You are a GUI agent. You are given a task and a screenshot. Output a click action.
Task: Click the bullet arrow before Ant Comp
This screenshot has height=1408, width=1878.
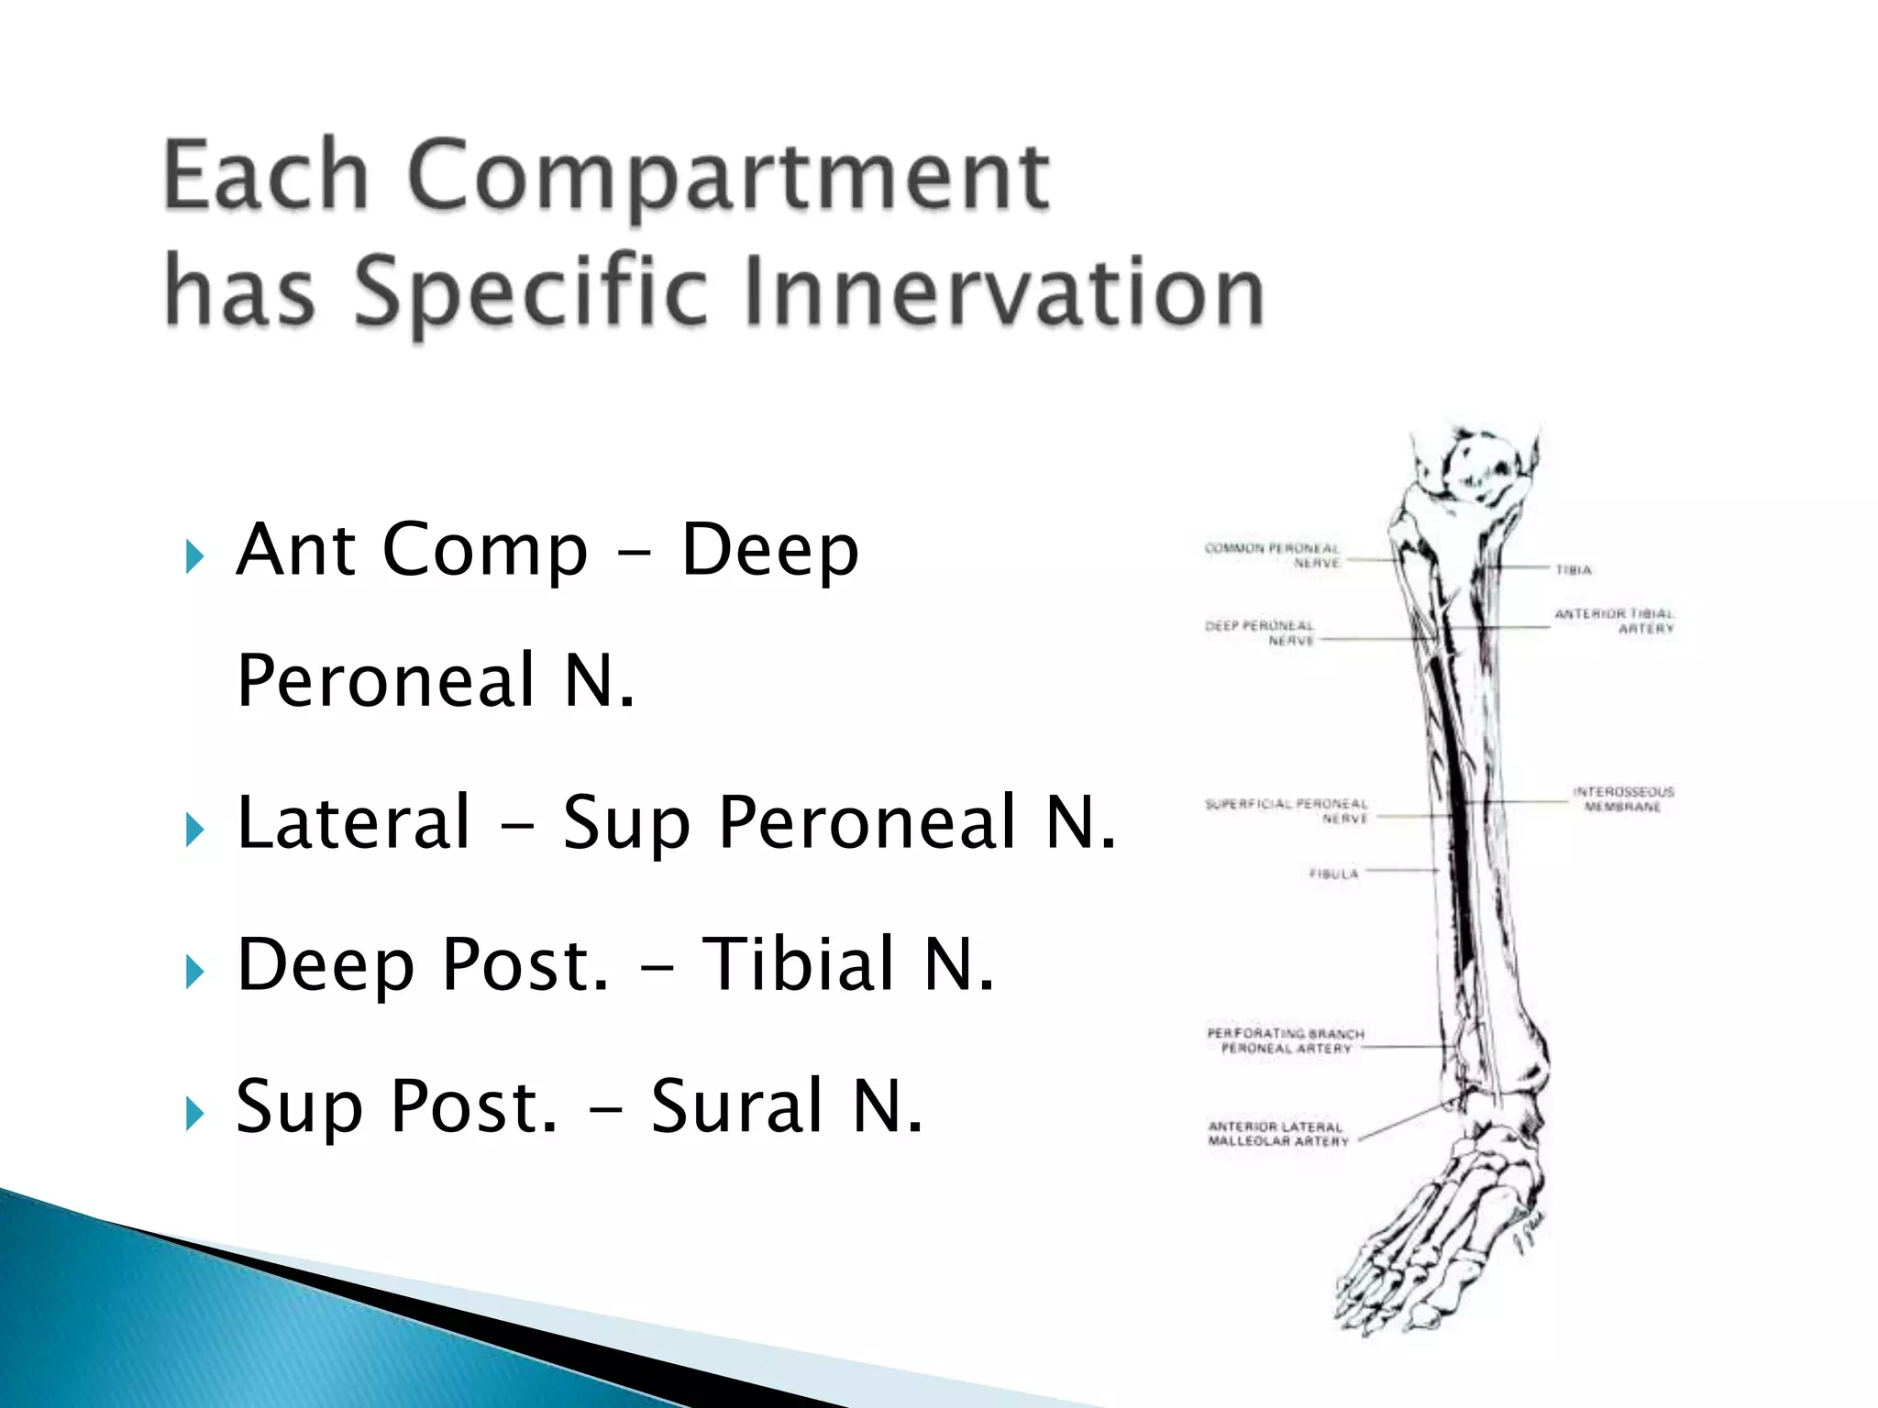[193, 556]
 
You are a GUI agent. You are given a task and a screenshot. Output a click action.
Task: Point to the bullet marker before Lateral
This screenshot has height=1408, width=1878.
[193, 830]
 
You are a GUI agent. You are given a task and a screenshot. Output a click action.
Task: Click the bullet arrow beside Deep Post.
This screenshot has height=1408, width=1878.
[193, 972]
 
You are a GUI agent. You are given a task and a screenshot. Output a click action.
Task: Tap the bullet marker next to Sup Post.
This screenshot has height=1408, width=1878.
[193, 1114]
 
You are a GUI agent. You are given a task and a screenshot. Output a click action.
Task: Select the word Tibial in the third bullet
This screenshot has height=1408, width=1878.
[798, 964]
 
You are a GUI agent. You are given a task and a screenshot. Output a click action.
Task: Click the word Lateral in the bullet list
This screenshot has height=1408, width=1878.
[353, 822]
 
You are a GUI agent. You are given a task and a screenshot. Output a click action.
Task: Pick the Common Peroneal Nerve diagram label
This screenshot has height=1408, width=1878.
[1272, 555]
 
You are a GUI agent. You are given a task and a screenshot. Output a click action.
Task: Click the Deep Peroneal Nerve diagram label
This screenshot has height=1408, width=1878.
[1260, 632]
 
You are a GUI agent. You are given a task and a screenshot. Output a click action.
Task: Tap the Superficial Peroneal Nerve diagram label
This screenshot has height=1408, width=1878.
[1287, 811]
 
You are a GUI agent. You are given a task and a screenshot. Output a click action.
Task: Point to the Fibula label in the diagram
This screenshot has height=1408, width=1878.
[1333, 874]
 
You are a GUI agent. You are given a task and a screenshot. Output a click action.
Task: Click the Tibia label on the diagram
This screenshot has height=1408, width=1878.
[1574, 570]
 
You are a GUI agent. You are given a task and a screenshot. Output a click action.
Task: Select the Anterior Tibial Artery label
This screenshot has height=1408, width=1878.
[1614, 621]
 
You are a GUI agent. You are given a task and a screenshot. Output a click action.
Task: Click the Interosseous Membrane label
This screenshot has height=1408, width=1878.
[1623, 798]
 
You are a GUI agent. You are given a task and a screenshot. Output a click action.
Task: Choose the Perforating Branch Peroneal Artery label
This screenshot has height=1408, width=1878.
[1286, 1040]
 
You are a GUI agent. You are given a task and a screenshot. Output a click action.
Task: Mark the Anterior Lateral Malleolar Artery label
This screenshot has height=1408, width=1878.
[1277, 1134]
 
